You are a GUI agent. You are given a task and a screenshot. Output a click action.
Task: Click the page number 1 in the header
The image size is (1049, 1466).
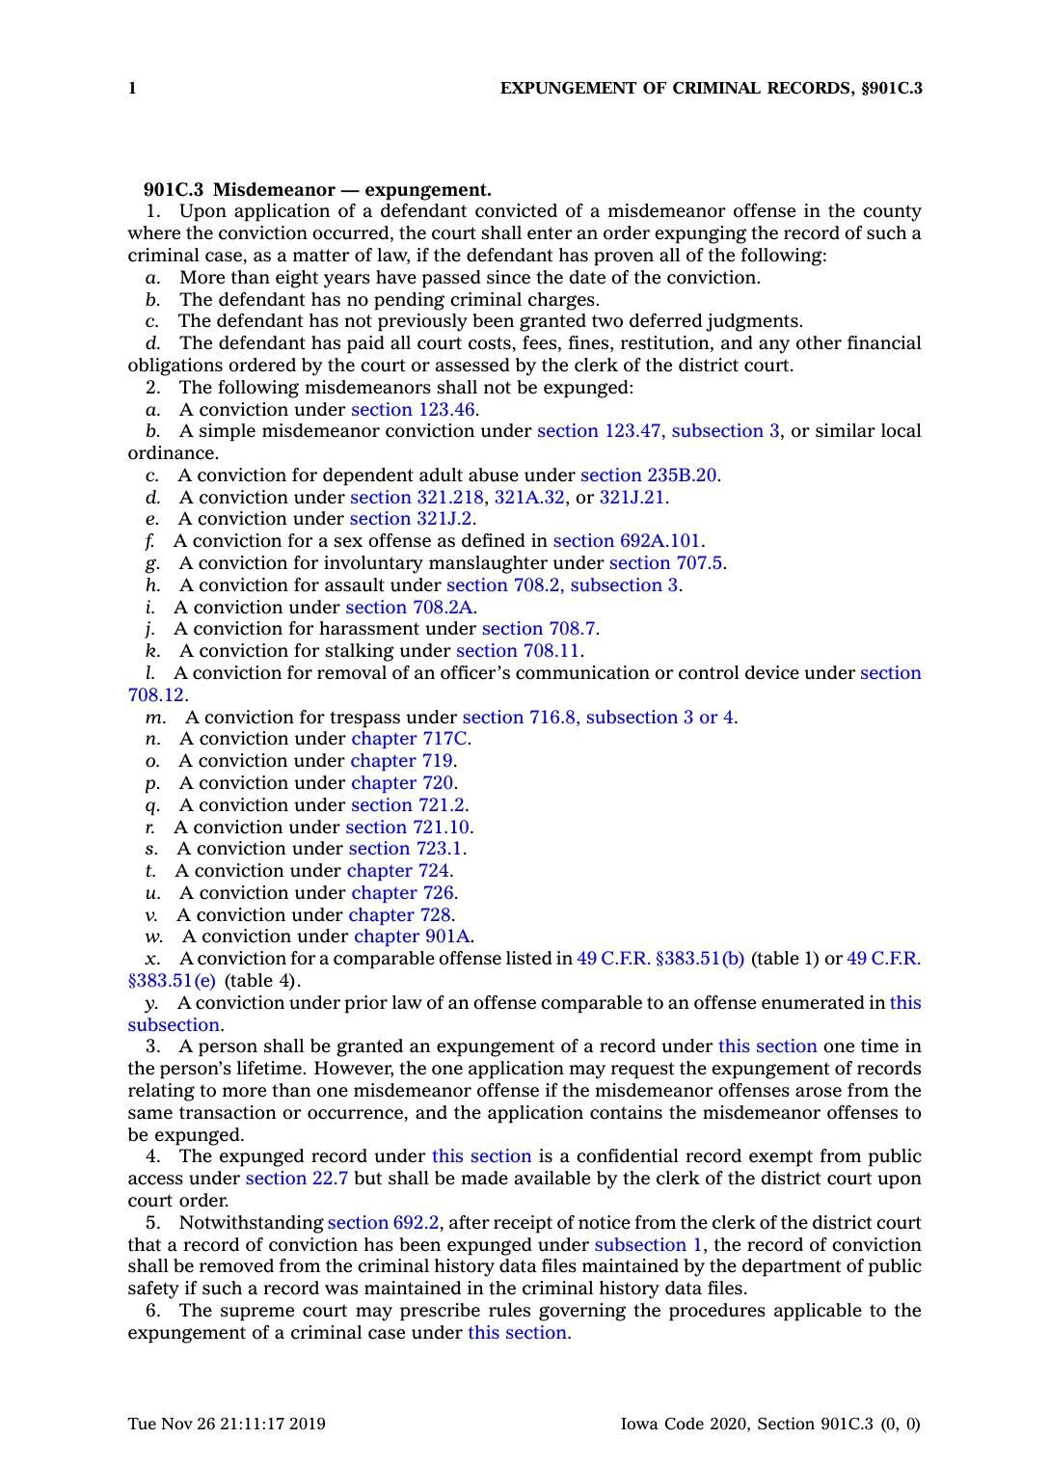(x=132, y=89)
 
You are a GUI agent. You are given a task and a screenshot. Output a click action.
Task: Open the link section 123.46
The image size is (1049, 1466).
(x=413, y=409)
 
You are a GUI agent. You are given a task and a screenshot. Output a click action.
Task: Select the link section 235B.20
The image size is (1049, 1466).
(x=649, y=475)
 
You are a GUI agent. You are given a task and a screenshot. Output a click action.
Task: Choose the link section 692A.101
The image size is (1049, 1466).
(x=626, y=541)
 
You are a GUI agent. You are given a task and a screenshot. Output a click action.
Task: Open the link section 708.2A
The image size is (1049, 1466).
(x=409, y=607)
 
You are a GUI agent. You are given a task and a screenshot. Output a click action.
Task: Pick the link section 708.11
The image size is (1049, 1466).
(x=519, y=651)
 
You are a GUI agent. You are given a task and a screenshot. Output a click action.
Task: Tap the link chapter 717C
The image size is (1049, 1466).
(x=410, y=739)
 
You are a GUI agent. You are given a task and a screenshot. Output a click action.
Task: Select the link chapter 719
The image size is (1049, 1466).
(x=401, y=761)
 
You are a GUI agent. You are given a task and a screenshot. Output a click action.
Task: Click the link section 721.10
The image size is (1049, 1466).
(x=408, y=827)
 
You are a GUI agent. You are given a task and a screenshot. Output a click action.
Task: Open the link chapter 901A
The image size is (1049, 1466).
(x=412, y=937)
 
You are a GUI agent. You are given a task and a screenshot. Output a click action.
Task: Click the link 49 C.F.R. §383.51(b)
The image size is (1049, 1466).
(x=659, y=959)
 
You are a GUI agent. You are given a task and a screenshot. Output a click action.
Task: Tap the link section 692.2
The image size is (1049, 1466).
(x=383, y=1223)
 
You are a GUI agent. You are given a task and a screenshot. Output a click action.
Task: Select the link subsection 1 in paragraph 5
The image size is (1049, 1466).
(x=648, y=1245)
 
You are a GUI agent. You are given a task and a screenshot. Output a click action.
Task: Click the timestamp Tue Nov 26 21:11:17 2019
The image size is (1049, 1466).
(x=227, y=1424)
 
